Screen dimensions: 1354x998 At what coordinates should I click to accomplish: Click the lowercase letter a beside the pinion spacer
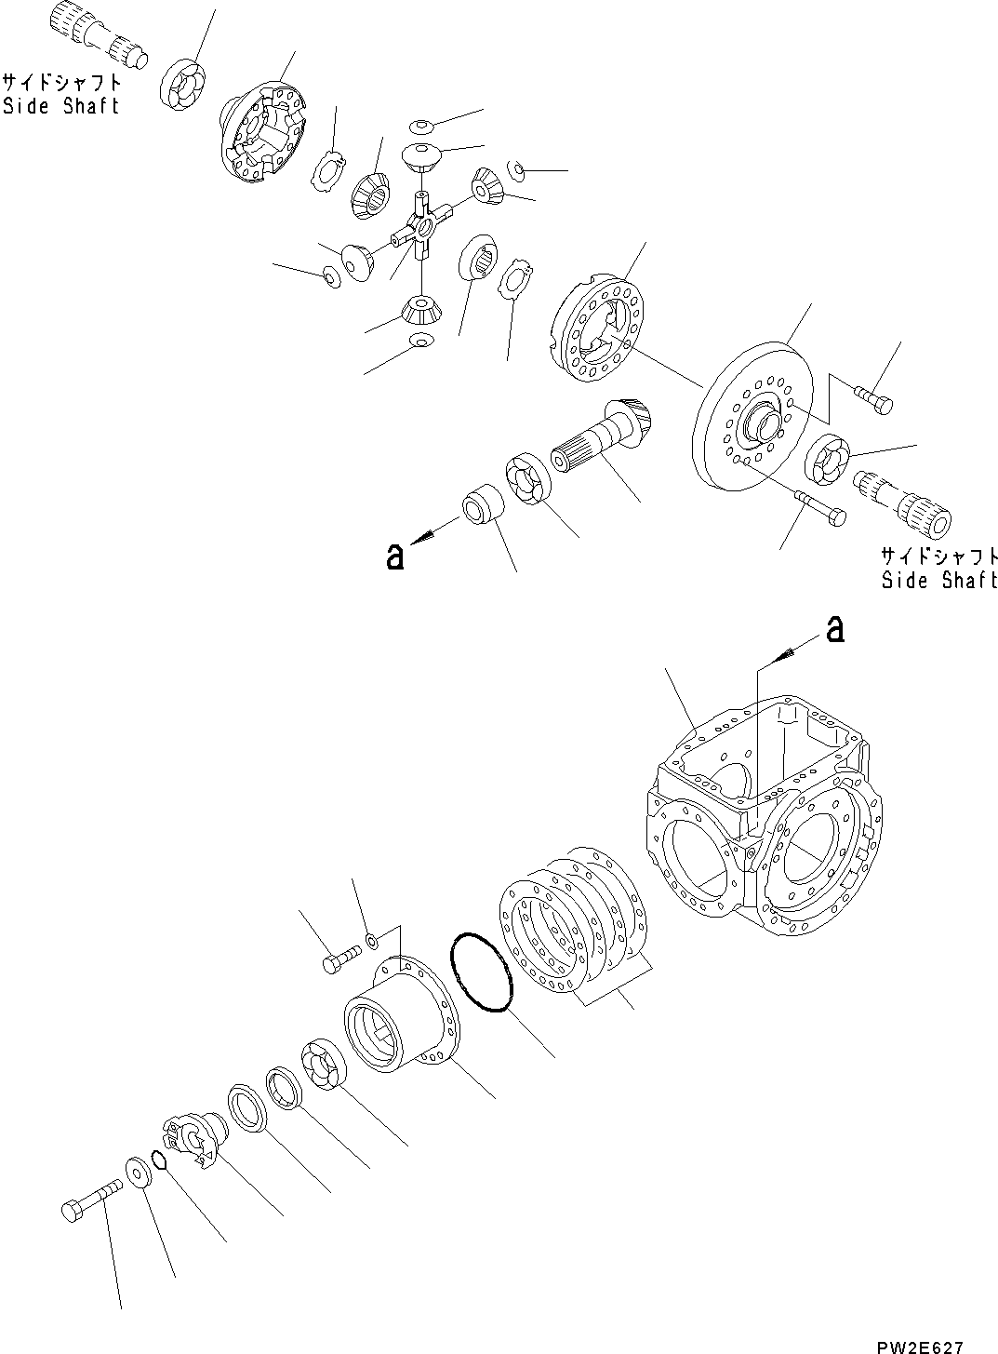[x=395, y=556]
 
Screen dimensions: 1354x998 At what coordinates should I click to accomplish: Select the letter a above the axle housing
[x=836, y=631]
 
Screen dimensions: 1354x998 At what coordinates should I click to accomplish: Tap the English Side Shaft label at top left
[x=61, y=106]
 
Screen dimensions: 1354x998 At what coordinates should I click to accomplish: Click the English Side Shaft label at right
[x=939, y=581]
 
